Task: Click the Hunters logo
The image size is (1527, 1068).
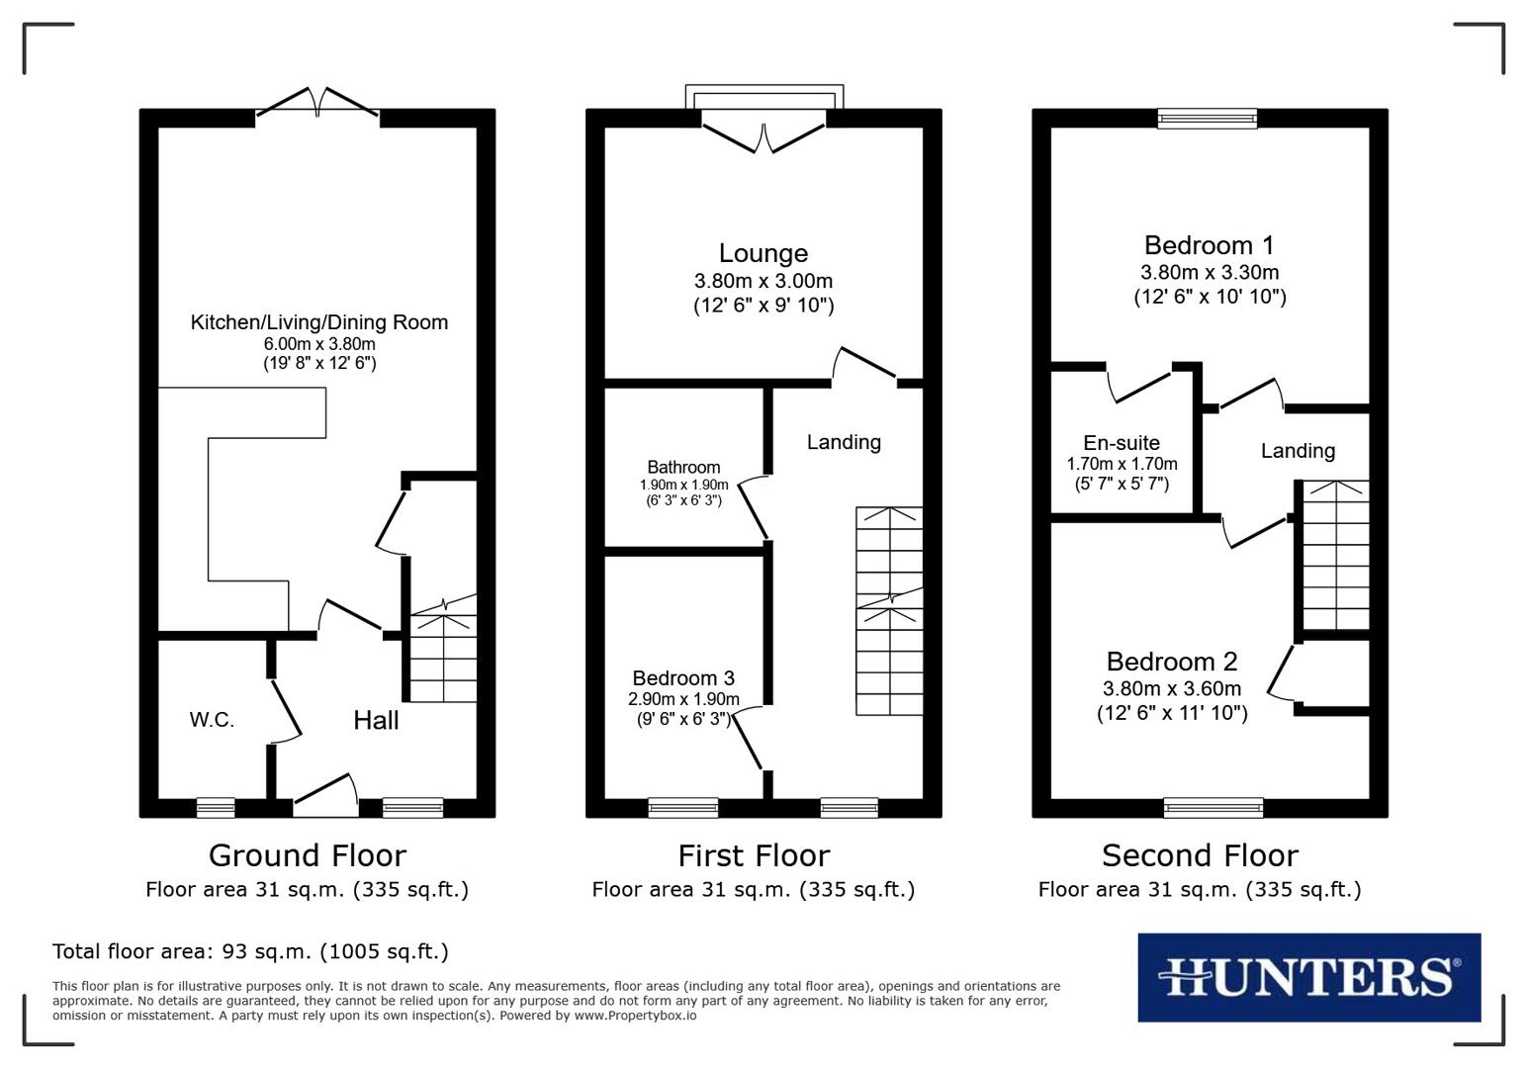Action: (x=1308, y=977)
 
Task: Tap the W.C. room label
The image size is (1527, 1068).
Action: (x=212, y=720)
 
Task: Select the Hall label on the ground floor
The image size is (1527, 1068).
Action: (x=376, y=720)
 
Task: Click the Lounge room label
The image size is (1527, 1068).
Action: (x=763, y=254)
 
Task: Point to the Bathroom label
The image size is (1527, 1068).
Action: (x=683, y=467)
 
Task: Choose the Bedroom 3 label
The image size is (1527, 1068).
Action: (x=683, y=677)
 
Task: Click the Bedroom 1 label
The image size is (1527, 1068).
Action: (x=1209, y=245)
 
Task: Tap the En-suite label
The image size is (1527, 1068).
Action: (x=1122, y=443)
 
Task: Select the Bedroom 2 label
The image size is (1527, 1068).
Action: (x=1172, y=662)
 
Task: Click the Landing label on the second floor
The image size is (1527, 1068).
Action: (x=1298, y=451)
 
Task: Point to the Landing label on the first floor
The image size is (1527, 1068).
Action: (x=844, y=442)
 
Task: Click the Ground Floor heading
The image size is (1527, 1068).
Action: (x=307, y=855)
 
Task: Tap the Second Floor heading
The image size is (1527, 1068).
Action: (x=1200, y=855)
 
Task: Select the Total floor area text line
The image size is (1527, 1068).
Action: (x=250, y=951)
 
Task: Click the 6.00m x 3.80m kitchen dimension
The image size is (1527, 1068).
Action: (x=318, y=344)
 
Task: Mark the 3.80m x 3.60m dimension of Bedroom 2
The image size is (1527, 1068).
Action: (x=1172, y=689)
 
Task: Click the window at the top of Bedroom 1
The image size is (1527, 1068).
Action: (x=1208, y=119)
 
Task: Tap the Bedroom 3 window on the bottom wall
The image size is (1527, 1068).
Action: (x=682, y=808)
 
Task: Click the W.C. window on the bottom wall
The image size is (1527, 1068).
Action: (x=216, y=808)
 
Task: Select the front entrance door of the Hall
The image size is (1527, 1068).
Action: (x=326, y=796)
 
